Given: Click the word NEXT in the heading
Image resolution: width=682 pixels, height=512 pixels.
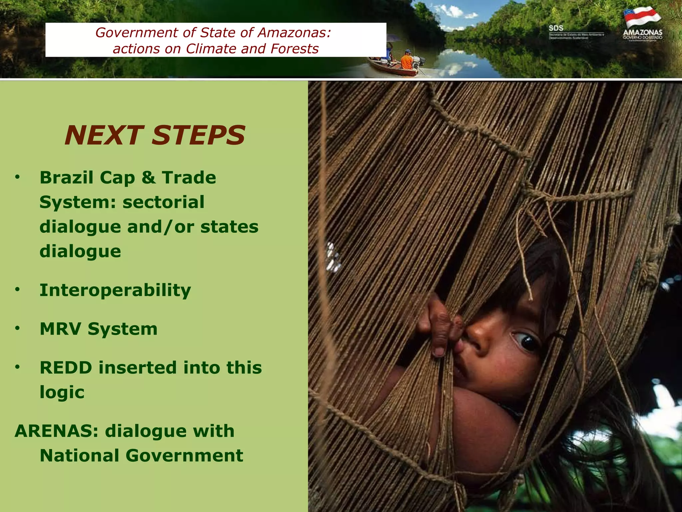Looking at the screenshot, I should pyautogui.click(x=104, y=135).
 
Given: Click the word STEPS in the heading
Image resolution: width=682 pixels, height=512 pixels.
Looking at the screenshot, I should pyautogui.click(x=198, y=135).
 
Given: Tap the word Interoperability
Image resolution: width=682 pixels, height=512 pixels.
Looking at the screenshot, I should pyautogui.click(x=115, y=290).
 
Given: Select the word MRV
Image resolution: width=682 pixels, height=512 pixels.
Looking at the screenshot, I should pyautogui.click(x=60, y=329).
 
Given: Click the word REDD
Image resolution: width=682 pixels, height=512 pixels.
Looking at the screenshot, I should pyautogui.click(x=66, y=368).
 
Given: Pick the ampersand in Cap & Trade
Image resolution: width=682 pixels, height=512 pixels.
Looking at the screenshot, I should pyautogui.click(x=149, y=177).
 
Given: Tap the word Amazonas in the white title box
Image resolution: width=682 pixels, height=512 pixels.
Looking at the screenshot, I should pyautogui.click(x=294, y=33).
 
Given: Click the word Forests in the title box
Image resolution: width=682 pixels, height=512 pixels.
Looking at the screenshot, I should pyautogui.click(x=295, y=49).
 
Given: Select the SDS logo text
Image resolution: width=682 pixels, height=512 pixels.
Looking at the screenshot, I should pyautogui.click(x=556, y=28).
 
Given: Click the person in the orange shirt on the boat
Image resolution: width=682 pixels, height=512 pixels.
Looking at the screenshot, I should pyautogui.click(x=407, y=60).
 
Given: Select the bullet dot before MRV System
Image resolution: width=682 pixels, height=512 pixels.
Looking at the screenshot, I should pyautogui.click(x=18, y=329).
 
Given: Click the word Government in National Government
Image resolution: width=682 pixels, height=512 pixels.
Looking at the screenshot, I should pyautogui.click(x=184, y=456).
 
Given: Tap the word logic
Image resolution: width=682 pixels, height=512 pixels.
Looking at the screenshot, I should pyautogui.click(x=62, y=392).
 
